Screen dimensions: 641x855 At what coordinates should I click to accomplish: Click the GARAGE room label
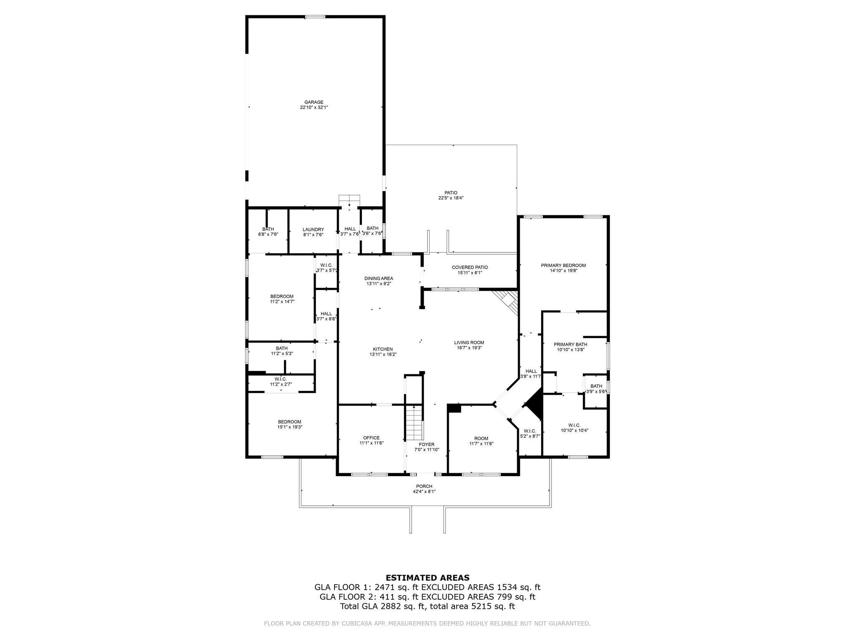(x=314, y=102)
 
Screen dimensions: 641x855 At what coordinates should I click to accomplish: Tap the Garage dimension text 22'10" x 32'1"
(x=314, y=108)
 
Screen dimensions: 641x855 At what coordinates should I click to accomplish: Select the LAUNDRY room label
(x=313, y=230)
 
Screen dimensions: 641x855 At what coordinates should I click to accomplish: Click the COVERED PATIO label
(x=470, y=268)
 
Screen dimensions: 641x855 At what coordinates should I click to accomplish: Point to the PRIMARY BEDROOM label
(x=563, y=265)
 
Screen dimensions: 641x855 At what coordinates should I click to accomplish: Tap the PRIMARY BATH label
(x=570, y=344)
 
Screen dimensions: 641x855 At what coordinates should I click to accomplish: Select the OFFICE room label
(x=371, y=438)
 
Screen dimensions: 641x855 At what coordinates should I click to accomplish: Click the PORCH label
(x=424, y=486)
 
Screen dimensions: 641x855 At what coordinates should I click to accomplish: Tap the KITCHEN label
(x=383, y=349)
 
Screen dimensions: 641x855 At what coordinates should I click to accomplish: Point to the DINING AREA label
(x=379, y=278)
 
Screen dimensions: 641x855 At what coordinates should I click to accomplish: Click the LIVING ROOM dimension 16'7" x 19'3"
(x=469, y=348)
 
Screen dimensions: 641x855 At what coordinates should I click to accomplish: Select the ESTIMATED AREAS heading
(x=427, y=578)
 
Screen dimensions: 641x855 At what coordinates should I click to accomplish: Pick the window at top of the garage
(x=315, y=17)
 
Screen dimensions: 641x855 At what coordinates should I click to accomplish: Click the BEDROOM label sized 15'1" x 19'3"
(x=289, y=422)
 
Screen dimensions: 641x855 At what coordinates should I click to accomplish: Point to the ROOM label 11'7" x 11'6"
(x=481, y=439)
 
